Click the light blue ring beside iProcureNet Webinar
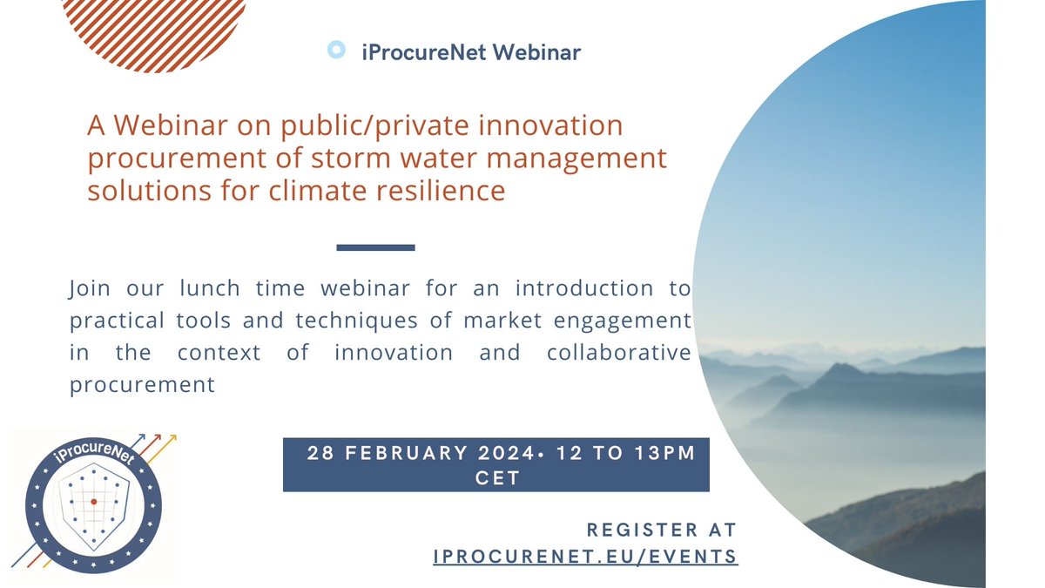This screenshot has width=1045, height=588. pyautogui.click(x=336, y=51)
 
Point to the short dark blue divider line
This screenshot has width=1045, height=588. pyautogui.click(x=375, y=247)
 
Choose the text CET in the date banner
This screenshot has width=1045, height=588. pyautogui.click(x=496, y=479)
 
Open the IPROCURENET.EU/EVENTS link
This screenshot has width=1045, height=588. pyautogui.click(x=585, y=556)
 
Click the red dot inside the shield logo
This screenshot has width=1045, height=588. pyautogui.click(x=94, y=503)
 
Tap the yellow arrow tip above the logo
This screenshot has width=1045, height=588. pyautogui.click(x=174, y=434)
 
